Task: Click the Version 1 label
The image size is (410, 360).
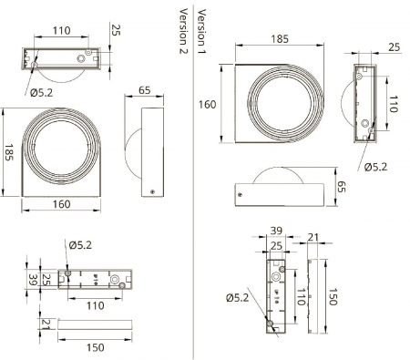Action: (x=201, y=28)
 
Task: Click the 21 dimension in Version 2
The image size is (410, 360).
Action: (x=45, y=324)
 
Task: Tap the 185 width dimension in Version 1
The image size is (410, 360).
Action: (x=280, y=39)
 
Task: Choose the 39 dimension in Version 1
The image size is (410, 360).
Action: (x=277, y=232)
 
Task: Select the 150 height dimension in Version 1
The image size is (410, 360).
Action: (x=334, y=297)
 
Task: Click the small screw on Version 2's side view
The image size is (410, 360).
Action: (x=153, y=190)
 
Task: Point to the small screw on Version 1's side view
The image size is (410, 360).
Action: (x=238, y=193)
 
